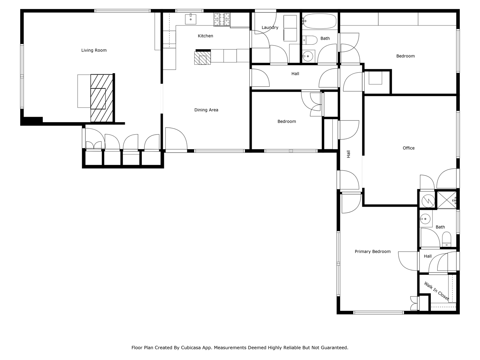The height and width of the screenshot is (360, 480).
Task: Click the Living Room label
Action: (94, 50)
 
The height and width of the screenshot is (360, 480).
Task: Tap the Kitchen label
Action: (205, 36)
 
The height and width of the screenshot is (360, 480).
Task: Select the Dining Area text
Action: (206, 110)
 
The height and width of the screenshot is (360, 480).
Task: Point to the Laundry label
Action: (270, 27)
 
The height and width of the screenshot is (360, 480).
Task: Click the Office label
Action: (408, 148)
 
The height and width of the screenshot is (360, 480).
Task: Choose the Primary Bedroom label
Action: (372, 252)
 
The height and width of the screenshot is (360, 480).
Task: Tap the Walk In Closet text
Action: (436, 291)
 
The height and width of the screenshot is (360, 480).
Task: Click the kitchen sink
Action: (191, 19)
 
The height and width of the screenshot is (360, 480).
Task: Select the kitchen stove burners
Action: (222, 19)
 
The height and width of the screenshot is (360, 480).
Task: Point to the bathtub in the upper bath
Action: (320, 21)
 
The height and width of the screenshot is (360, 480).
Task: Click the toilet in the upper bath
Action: (310, 40)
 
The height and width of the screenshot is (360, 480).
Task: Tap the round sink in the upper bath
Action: (308, 56)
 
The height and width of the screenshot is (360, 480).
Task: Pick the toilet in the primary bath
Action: (446, 239)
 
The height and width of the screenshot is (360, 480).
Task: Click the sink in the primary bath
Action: (425, 219)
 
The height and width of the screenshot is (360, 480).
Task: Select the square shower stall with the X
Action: (447, 200)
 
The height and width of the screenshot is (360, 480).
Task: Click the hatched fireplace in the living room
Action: (102, 98)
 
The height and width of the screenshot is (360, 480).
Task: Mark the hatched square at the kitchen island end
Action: (202, 58)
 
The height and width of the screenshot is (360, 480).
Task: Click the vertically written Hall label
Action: (348, 154)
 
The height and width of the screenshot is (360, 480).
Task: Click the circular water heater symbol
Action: (428, 201)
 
